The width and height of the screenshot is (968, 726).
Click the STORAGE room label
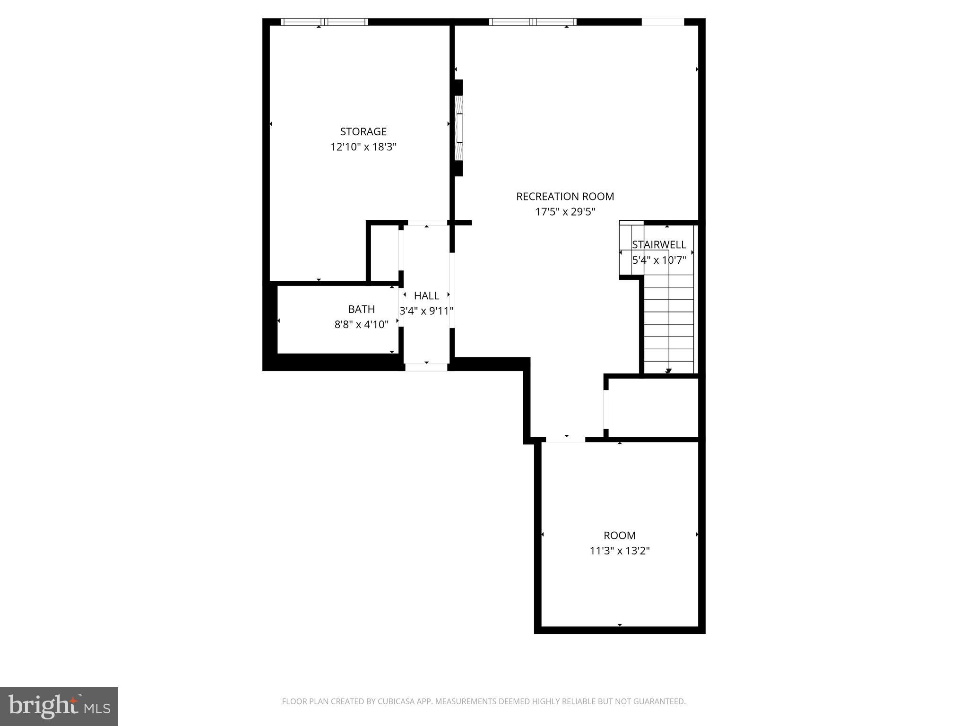(363, 131)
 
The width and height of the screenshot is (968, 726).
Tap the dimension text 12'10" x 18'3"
(363, 147)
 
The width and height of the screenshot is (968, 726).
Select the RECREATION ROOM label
(565, 196)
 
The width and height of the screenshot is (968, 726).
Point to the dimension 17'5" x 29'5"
(565, 212)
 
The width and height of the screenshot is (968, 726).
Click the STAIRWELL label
(659, 245)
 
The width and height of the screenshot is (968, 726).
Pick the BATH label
(361, 309)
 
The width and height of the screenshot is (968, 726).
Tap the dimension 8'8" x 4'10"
(361, 325)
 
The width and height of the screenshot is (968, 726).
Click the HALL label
(426, 296)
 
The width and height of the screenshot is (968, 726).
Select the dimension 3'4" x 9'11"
(426, 311)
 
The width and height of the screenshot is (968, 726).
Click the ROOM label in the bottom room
(619, 536)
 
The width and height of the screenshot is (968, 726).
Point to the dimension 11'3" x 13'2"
(619, 551)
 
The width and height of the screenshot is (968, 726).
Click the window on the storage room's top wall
(324, 22)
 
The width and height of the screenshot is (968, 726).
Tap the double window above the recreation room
(533, 22)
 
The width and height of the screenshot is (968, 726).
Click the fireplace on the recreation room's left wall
(458, 128)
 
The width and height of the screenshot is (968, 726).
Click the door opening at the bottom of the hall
(426, 367)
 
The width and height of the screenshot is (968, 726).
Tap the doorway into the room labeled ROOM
(565, 440)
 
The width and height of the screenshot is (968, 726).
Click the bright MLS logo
(59, 706)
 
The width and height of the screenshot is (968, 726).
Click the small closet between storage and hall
(384, 253)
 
